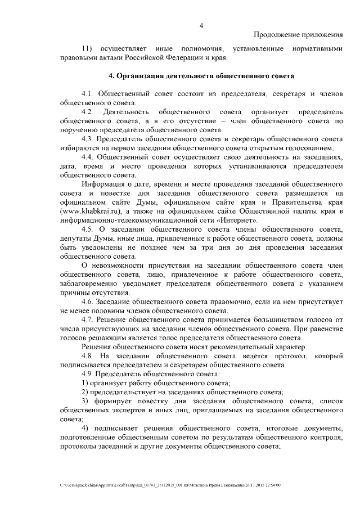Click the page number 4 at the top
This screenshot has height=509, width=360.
click(201, 24)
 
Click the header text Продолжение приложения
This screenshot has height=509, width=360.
click(298, 34)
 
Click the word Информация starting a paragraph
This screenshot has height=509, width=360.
click(103, 184)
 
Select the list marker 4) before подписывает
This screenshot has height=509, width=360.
click(85, 428)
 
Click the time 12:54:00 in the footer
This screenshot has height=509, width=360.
click(272, 484)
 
